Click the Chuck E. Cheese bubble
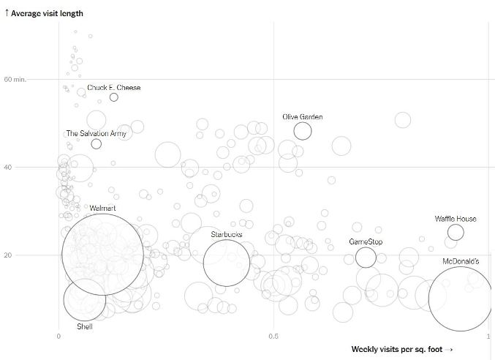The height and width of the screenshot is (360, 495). (x=114, y=97)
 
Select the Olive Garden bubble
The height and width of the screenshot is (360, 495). (x=303, y=131)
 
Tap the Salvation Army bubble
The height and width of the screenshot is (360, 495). (x=97, y=143)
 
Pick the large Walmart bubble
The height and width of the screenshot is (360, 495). (x=102, y=254)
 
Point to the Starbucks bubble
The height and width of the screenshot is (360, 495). (x=227, y=263)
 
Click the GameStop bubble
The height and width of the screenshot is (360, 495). (x=366, y=258)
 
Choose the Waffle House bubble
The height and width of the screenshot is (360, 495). (x=456, y=233)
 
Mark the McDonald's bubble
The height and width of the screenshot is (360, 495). (x=460, y=299)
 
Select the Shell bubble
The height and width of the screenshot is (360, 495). (x=85, y=299)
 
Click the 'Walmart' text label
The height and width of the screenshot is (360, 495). (x=102, y=209)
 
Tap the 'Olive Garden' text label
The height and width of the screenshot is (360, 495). (x=303, y=117)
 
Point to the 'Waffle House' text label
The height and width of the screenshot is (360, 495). (x=456, y=219)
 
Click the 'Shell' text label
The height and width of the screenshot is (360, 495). (x=85, y=326)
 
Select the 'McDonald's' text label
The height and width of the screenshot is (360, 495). (x=461, y=261)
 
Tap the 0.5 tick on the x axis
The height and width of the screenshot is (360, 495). (x=273, y=336)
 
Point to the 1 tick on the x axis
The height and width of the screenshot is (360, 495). (x=487, y=336)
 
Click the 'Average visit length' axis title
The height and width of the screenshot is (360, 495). (x=47, y=13)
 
